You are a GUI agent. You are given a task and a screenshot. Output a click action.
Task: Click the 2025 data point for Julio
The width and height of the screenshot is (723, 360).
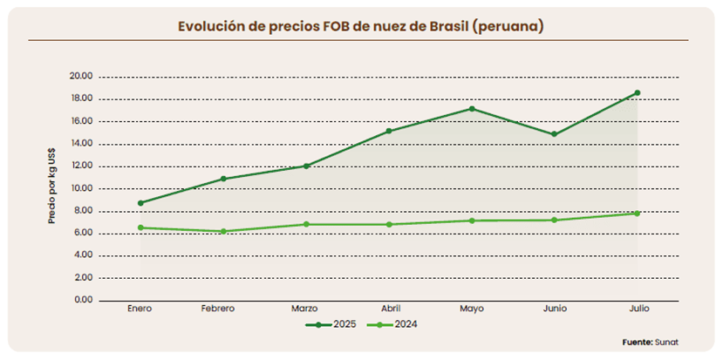(637, 92)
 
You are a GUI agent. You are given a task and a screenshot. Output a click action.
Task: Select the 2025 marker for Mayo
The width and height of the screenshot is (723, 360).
(472, 109)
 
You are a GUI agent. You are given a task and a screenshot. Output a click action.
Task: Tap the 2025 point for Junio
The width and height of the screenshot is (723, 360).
(555, 134)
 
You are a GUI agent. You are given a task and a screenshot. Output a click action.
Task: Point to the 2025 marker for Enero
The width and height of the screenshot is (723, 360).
(140, 203)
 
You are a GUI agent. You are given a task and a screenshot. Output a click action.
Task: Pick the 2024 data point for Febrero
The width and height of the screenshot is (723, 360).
(223, 231)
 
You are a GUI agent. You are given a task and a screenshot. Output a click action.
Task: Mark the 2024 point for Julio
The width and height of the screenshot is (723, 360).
(637, 213)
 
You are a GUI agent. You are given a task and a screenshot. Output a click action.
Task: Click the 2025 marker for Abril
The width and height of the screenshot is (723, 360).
(389, 131)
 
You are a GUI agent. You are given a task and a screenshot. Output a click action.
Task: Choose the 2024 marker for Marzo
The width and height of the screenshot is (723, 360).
(306, 224)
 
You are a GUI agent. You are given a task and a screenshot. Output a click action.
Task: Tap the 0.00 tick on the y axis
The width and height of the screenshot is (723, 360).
(84, 300)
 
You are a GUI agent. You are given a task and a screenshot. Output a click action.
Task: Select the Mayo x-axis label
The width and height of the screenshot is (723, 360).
(472, 309)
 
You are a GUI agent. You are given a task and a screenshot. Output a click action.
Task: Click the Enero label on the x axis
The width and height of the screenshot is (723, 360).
(140, 309)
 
